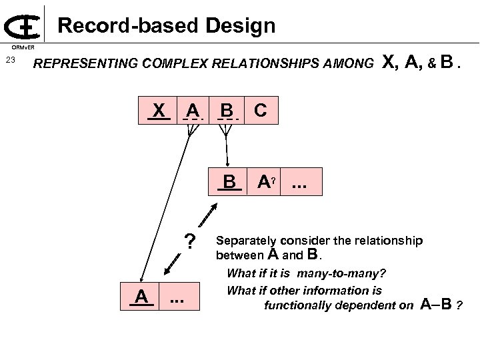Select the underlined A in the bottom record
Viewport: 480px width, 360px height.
tap(141, 296)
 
